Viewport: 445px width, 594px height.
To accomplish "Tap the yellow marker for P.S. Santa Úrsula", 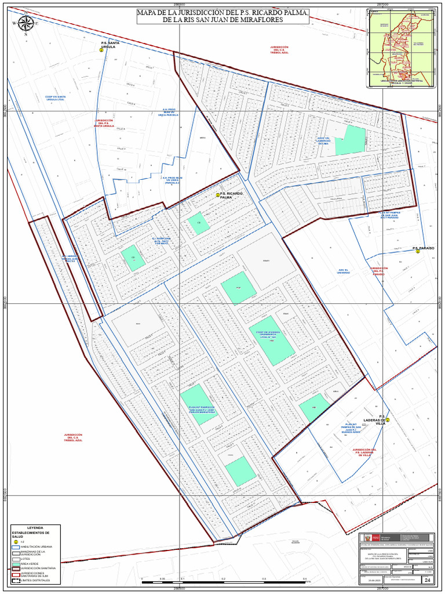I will coord(101,50).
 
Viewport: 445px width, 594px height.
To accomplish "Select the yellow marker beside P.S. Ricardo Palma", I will coord(218,195).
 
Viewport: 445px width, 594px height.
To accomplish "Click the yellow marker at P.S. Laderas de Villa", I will coord(388,420).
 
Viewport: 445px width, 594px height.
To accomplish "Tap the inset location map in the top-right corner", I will coord(402,48).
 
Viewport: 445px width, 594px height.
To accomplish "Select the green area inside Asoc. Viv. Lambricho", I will coord(350,141).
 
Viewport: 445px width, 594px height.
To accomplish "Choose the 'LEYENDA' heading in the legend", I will coord(35,528).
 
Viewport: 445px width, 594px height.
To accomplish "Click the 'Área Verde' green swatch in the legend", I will coord(16,563).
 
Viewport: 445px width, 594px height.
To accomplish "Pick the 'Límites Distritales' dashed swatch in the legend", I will coord(16,580).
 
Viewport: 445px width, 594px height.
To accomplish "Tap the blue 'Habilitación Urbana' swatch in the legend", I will coord(16,547).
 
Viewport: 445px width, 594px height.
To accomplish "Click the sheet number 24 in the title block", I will coord(428,579).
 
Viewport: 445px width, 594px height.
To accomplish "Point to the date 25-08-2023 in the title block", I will coord(374,579).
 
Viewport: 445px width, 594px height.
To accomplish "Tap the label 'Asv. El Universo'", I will coord(344,271).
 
